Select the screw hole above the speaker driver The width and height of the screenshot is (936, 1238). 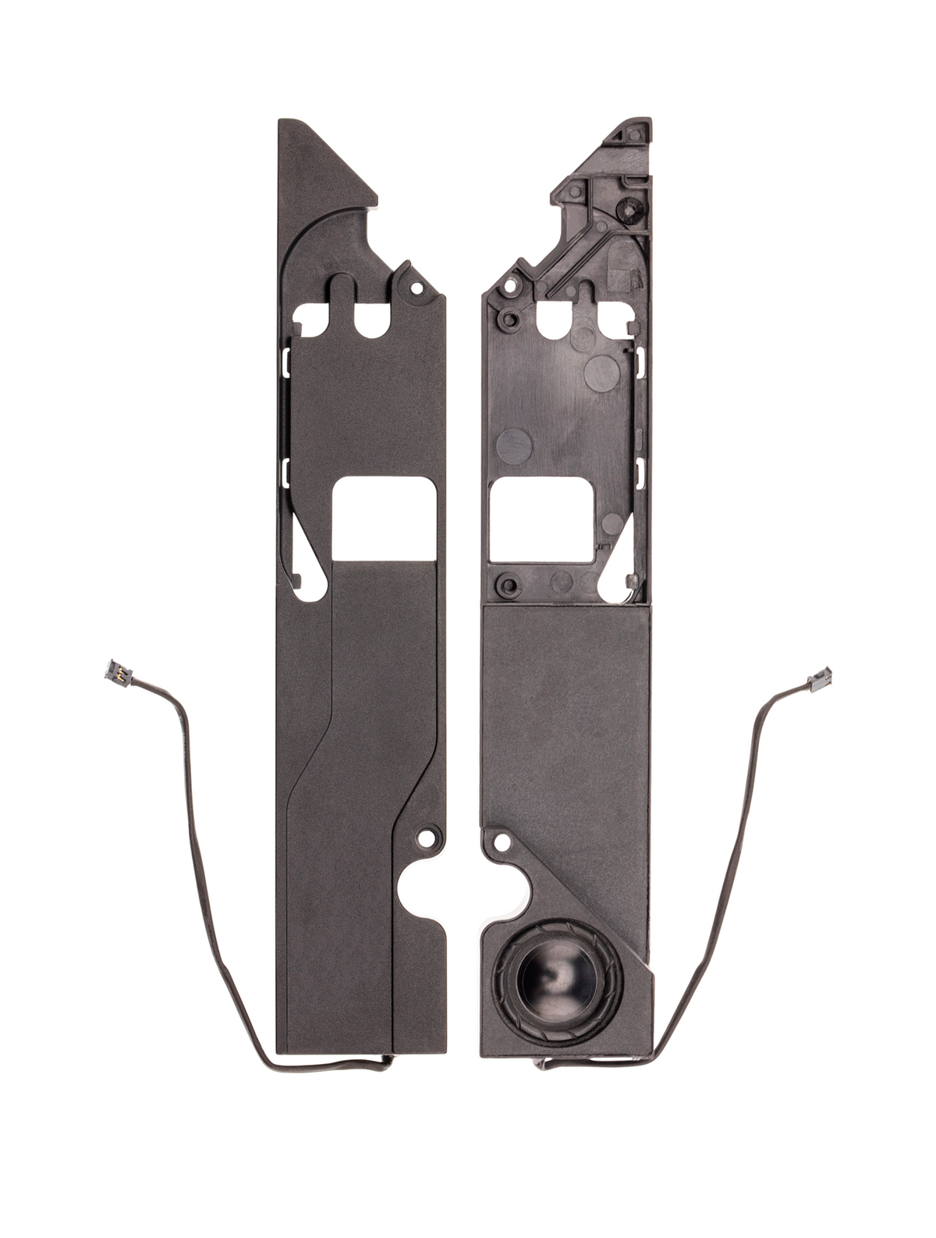502,842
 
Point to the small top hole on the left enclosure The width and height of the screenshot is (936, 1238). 417,288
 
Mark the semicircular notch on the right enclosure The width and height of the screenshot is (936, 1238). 504,893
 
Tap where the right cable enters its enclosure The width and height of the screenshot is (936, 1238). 541,1063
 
